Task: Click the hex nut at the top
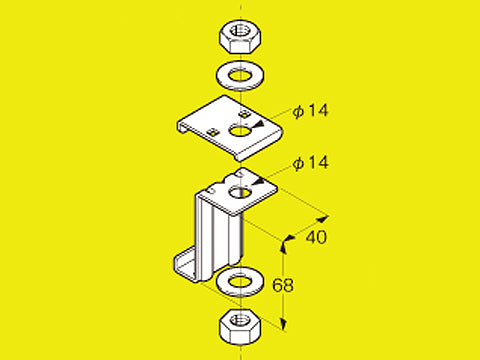[240, 36]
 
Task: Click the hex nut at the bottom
[240, 326]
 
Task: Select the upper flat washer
[240, 76]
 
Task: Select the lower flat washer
[240, 282]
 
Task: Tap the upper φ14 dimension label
[310, 111]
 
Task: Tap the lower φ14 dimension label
[310, 163]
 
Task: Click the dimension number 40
[316, 237]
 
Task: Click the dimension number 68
[283, 285]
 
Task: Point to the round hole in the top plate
[240, 130]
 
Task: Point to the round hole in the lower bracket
[240, 193]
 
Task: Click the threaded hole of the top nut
[240, 30]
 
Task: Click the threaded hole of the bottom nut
[240, 320]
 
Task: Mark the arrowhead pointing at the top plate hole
[258, 124]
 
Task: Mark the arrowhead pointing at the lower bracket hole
[258, 182]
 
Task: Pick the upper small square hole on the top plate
[245, 114]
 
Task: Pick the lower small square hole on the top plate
[212, 132]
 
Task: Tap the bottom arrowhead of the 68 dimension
[283, 323]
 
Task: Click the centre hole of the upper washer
[240, 76]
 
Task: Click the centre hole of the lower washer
[240, 281]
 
